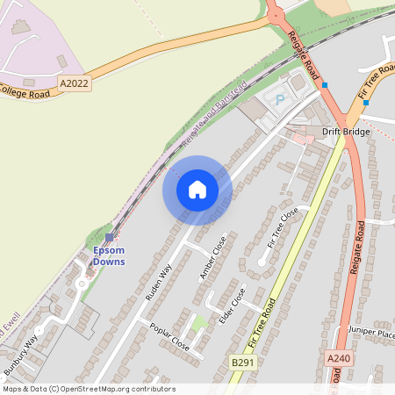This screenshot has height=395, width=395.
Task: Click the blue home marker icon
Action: point(197,189)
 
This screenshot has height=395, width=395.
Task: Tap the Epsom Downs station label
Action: point(110,255)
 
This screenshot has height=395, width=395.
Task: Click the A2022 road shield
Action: point(75,83)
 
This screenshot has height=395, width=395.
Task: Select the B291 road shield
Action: point(244,362)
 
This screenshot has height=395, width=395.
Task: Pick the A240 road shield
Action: point(338,359)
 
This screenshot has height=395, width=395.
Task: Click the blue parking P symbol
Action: point(280,100)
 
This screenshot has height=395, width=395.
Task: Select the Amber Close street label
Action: point(212,257)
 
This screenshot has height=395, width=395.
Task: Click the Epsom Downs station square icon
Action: point(109,238)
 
